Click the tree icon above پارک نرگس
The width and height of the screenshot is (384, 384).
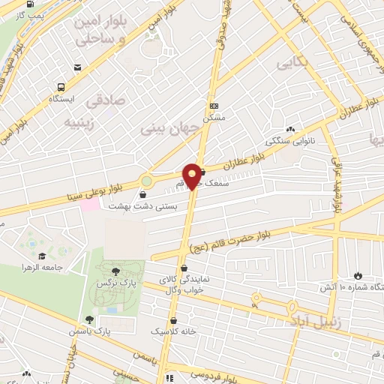click(x=115, y=272)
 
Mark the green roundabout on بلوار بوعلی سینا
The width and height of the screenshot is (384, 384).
click(x=145, y=181)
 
